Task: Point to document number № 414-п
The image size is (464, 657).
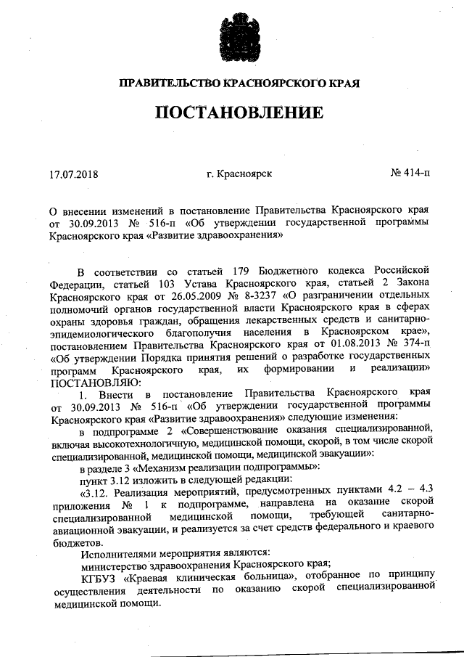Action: [x=410, y=174]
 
